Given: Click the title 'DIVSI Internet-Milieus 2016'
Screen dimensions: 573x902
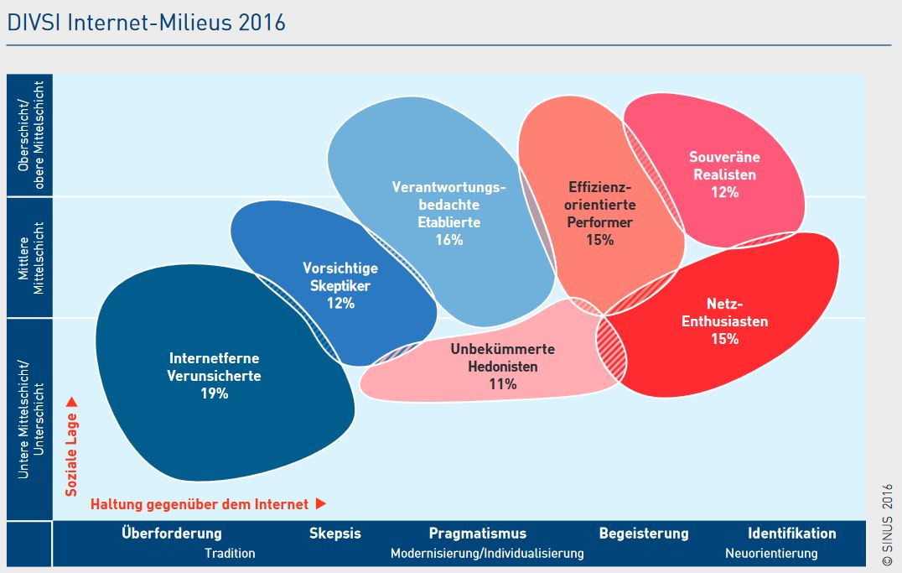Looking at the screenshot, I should pos(146,23).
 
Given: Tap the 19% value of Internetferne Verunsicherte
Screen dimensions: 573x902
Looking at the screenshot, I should pos(214,393).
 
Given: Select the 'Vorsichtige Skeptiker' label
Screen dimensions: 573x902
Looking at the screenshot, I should pos(340,277).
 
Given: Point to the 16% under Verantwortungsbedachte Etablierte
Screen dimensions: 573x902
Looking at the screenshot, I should pos(448,240).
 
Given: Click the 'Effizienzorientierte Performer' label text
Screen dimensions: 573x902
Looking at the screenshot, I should pos(600,204).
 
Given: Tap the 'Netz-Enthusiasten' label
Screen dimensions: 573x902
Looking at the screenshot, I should pos(724,312).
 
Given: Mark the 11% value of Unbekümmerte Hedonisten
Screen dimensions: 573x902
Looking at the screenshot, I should pos(502,384).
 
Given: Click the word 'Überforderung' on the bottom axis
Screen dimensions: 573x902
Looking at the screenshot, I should pos(172,534).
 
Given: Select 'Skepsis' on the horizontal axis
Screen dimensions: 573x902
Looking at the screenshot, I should pos(334,534).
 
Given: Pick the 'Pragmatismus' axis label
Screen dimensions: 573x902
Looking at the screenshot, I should pos(478,534).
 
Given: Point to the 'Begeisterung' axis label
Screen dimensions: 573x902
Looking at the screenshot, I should pos(643,534).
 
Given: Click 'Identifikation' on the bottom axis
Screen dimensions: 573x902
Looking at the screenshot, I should pos(791,534).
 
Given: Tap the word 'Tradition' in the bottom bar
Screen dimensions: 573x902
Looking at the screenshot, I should pos(230,554).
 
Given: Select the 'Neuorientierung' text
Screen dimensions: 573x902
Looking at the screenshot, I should pos(770,554).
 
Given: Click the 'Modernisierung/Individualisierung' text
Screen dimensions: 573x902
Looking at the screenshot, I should pos(487,554).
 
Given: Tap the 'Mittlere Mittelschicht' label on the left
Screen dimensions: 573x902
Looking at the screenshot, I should pos(31,258).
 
